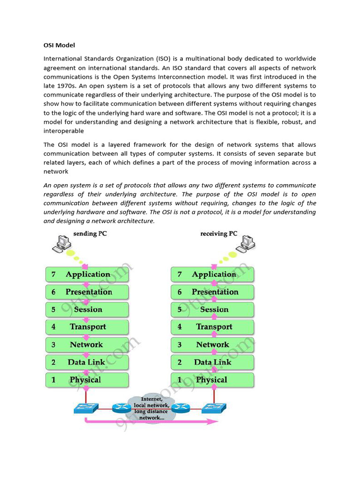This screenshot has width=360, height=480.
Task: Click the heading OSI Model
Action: (x=59, y=45)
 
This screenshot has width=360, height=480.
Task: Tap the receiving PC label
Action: (x=219, y=233)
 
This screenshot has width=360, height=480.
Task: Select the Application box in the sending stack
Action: (x=87, y=274)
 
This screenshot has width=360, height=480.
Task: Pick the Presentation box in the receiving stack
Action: (x=213, y=292)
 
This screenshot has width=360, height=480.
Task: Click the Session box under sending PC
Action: (x=87, y=309)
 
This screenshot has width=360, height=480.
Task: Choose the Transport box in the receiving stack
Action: (x=213, y=327)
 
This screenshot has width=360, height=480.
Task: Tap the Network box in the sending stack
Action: (x=87, y=345)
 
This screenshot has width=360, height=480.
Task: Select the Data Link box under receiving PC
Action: (x=213, y=362)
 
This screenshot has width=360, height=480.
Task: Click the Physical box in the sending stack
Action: (x=87, y=380)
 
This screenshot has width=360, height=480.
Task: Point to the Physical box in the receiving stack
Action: (x=213, y=380)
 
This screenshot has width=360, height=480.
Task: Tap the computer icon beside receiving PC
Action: (x=246, y=243)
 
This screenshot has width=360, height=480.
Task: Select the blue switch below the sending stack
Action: (x=86, y=408)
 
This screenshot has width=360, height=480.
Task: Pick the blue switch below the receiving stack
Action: (x=214, y=408)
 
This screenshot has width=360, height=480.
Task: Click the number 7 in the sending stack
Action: (x=53, y=275)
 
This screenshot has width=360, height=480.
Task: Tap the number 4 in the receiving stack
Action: (x=180, y=327)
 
